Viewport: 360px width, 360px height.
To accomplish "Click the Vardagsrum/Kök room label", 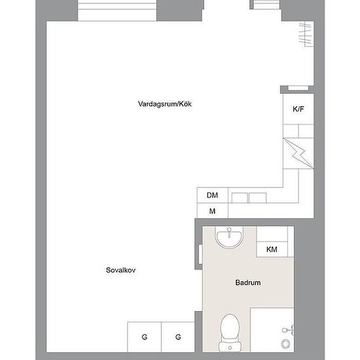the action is [x=164, y=104].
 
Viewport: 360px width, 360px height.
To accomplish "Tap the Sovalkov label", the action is [x=121, y=270].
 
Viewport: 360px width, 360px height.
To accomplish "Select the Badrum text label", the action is [x=248, y=282].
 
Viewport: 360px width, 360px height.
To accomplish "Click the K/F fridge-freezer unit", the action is [x=298, y=109].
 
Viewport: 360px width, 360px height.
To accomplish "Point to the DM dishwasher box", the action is [x=213, y=195].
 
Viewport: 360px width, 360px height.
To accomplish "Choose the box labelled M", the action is [x=213, y=211].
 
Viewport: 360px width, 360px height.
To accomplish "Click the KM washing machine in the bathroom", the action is [x=272, y=249].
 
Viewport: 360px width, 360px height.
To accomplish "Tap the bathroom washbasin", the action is [x=229, y=239].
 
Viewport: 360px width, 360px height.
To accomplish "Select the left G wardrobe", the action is [x=145, y=337].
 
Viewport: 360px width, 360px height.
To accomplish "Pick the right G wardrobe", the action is [x=178, y=337].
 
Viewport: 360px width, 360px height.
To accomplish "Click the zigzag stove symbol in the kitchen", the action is [x=298, y=153].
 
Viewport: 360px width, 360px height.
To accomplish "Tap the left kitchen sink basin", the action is [x=240, y=198].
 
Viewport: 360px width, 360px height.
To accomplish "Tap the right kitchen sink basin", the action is [x=258, y=198].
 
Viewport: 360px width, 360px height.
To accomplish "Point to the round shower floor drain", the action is [x=285, y=344].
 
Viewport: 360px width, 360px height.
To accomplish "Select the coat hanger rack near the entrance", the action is [x=306, y=34].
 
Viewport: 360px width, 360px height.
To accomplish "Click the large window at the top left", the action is [x=117, y=10].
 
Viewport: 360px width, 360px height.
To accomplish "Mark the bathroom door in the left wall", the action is [x=200, y=254].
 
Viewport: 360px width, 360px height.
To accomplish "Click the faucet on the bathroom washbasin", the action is [x=229, y=232].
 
